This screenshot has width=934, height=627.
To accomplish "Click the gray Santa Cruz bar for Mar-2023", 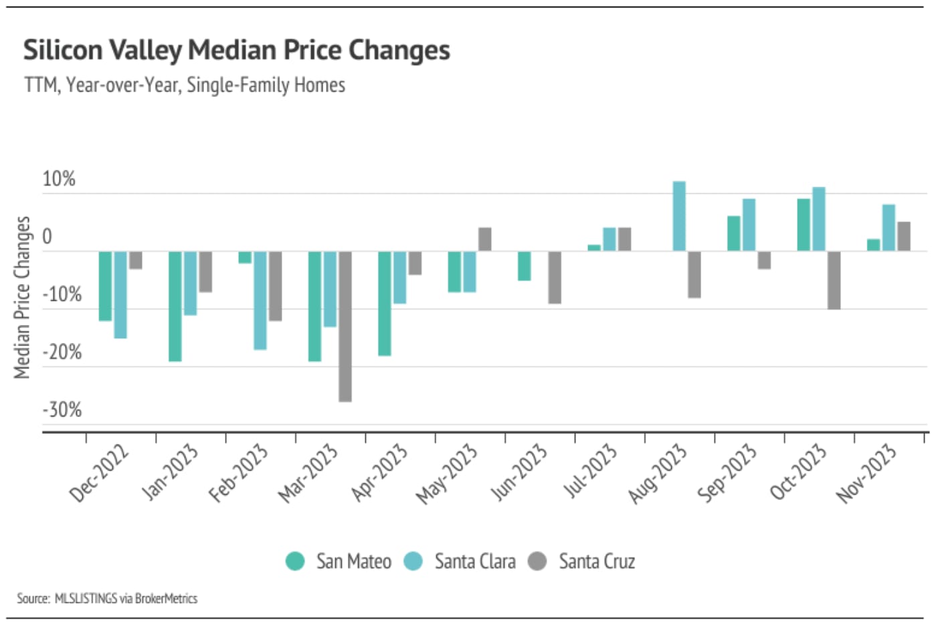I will (345, 326).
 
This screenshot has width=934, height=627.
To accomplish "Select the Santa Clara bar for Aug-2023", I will (679, 216).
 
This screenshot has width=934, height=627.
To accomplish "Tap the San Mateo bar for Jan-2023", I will (175, 306).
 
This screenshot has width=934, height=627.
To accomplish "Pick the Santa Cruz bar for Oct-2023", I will (834, 280).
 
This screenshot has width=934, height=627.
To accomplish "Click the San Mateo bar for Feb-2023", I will (245, 257).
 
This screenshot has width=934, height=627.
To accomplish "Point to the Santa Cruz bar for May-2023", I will (484, 239).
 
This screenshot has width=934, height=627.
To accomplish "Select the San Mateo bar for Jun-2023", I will (525, 266).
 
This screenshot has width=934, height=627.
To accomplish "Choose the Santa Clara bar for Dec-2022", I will (120, 295).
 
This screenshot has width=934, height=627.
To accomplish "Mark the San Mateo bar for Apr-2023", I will (385, 303).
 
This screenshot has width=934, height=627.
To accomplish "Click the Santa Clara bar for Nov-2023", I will (889, 228).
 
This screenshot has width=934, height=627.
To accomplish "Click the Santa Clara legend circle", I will (413, 561).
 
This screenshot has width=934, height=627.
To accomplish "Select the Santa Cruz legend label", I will (597, 561).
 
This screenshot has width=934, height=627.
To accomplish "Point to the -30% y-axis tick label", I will (62, 410).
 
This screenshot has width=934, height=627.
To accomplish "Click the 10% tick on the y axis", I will (59, 179).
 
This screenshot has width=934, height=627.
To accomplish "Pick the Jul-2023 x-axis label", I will (590, 471).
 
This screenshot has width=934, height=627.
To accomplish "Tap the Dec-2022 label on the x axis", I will (99, 473).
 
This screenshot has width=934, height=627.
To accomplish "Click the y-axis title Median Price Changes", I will (22, 297).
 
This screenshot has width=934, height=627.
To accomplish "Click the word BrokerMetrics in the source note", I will (166, 598).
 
